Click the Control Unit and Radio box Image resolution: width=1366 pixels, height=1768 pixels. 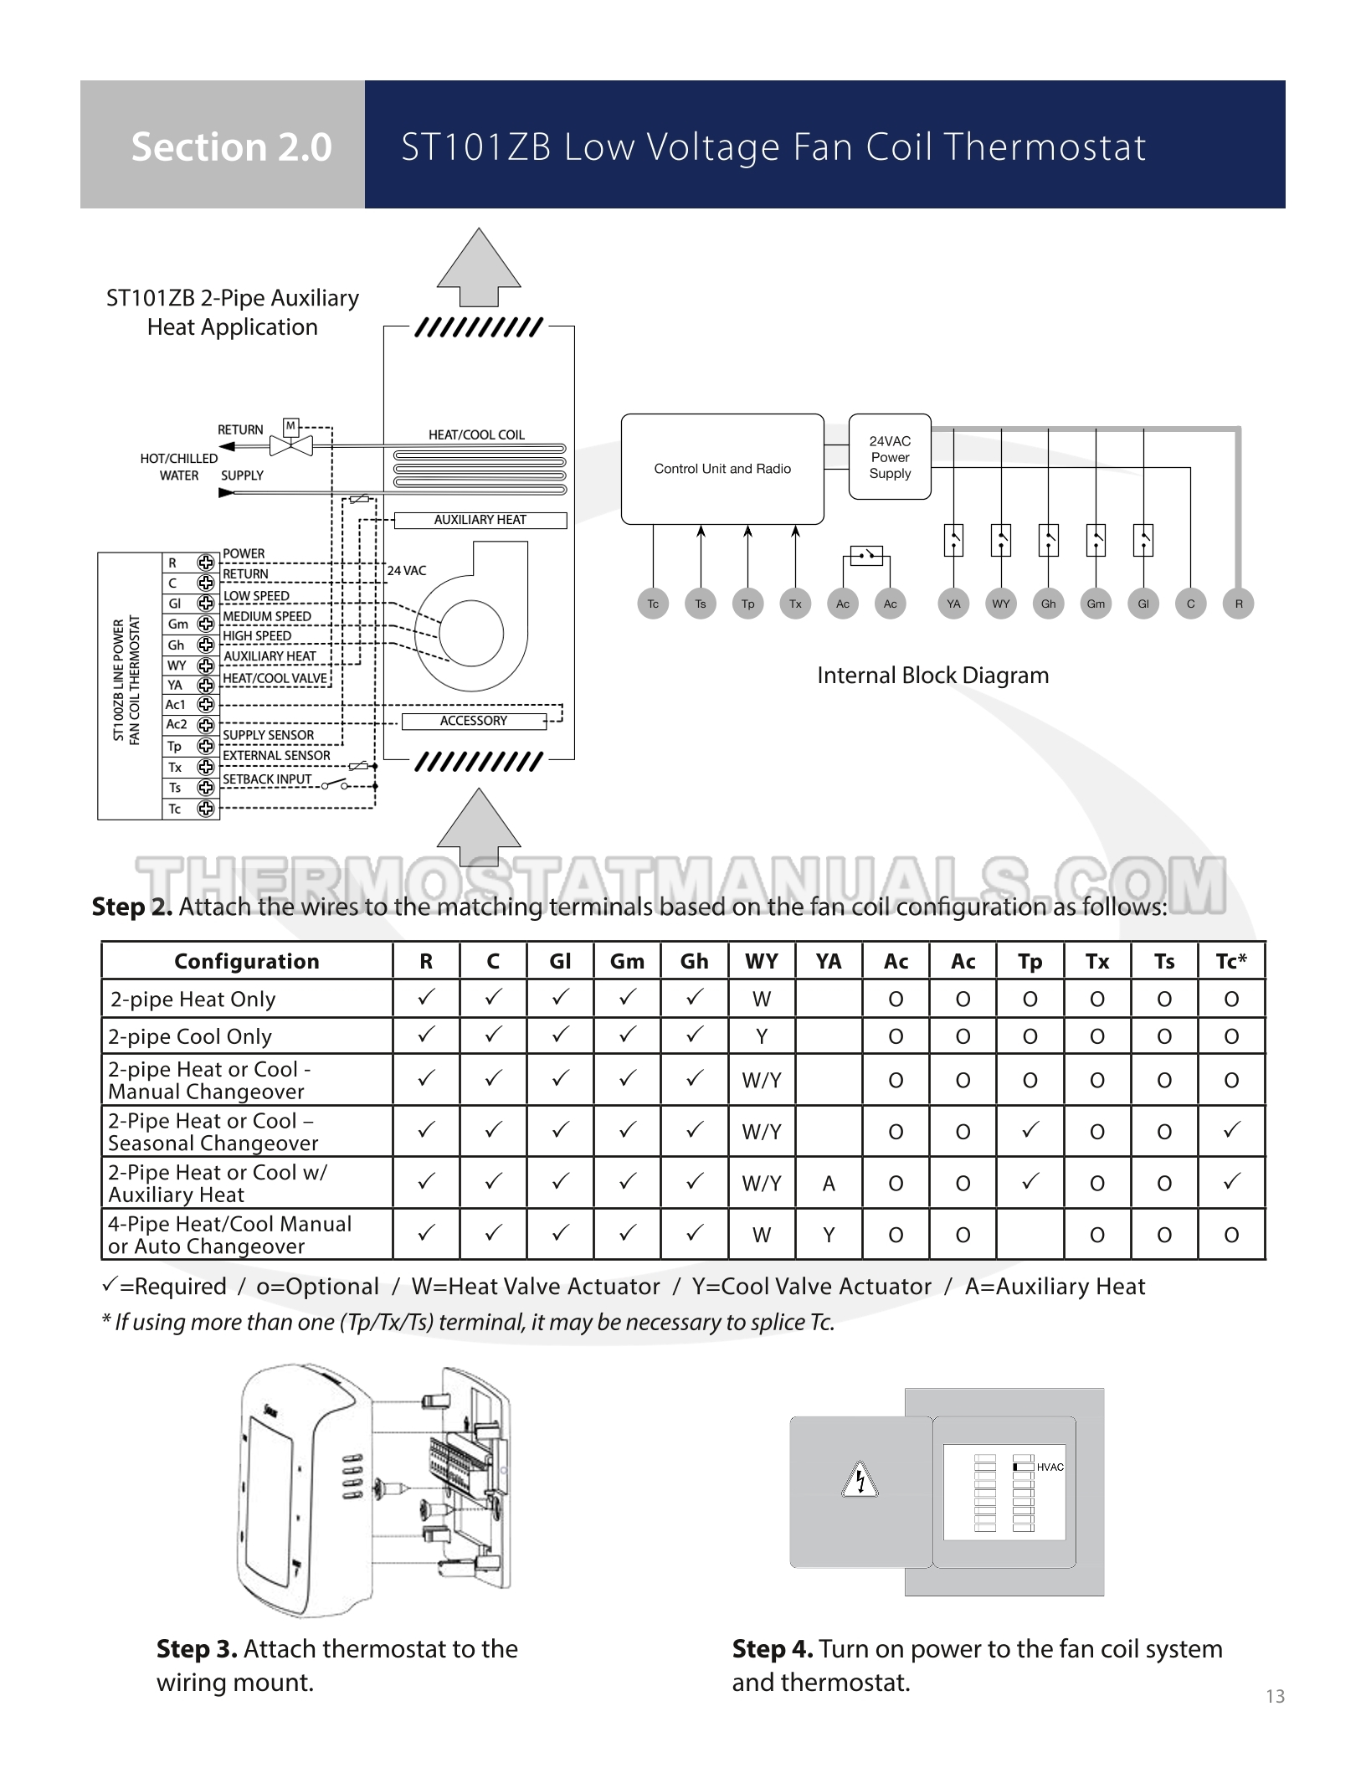(722, 469)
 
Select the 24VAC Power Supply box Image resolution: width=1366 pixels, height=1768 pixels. (890, 457)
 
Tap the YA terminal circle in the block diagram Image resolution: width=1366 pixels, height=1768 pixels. (953, 604)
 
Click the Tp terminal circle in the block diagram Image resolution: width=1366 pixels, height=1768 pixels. (747, 604)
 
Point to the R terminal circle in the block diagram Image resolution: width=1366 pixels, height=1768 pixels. (1238, 604)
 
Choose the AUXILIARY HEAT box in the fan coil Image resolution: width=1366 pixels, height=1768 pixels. (480, 520)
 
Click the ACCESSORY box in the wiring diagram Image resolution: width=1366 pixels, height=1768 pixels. (474, 721)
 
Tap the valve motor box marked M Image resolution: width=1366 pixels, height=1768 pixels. (290, 426)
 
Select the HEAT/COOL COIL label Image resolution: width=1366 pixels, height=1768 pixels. (476, 434)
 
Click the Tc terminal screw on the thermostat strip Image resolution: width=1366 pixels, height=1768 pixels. (206, 809)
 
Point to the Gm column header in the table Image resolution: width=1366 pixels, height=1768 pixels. (627, 961)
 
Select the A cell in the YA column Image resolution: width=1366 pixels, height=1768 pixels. (829, 1183)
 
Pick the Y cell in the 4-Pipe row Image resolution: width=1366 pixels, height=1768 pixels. (829, 1235)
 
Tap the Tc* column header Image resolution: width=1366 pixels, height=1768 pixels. (1231, 961)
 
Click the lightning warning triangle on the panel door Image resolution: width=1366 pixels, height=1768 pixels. (860, 1481)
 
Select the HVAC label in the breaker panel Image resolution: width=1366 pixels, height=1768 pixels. (1050, 1467)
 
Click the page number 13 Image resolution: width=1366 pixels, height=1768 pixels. (1275, 1696)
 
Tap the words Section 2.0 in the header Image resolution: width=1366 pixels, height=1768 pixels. (232, 146)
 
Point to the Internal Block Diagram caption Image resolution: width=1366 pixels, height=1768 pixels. (932, 676)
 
